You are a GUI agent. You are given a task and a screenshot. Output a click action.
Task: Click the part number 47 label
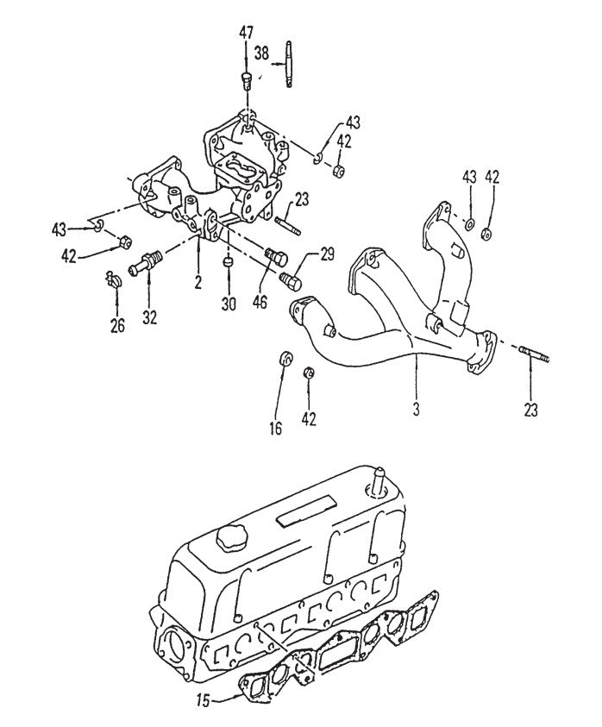coord(247,33)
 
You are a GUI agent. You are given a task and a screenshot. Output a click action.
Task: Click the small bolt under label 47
coord(246,82)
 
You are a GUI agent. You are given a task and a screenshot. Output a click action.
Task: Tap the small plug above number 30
coord(228,260)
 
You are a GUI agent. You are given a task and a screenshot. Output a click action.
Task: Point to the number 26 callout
coord(117,325)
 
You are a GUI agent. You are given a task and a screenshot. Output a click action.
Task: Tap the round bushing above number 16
coord(285,358)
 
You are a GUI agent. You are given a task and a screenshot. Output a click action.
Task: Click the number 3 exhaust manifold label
coord(416,409)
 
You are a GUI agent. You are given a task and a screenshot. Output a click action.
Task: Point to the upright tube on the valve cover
coord(377,479)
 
